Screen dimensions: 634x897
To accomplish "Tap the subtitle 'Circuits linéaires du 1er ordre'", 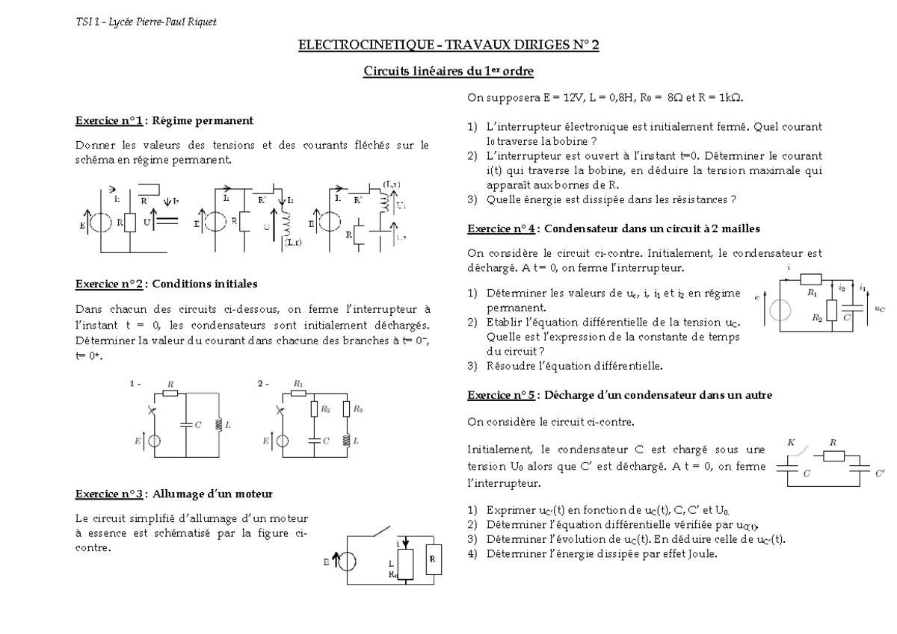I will click(449, 72).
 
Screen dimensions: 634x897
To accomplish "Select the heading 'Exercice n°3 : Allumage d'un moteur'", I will click(173, 494).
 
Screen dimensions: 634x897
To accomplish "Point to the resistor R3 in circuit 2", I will click(346, 409).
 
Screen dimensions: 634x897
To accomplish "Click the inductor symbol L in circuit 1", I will click(219, 423).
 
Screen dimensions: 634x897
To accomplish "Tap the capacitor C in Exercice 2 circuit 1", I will click(186, 424).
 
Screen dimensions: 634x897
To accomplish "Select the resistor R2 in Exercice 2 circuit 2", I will click(315, 409).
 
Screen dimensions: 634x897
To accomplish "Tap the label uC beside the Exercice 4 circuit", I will click(879, 308).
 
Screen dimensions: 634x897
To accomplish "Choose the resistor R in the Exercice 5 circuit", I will click(833, 456).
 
